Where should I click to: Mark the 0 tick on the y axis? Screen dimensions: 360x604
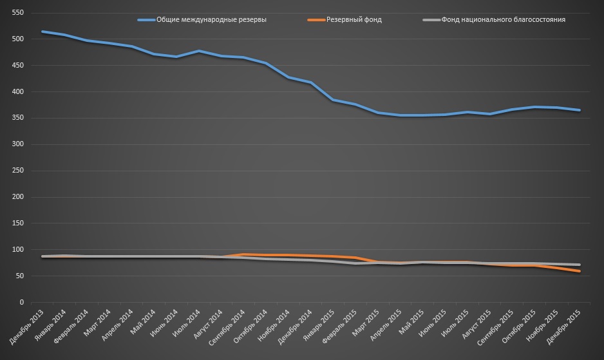[x=21, y=302]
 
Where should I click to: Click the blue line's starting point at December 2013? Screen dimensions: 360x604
[x=42, y=32]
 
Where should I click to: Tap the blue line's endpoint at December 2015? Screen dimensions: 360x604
[x=580, y=110]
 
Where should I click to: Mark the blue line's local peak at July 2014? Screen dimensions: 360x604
[x=199, y=51]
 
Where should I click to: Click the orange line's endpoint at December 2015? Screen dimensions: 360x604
[x=580, y=271]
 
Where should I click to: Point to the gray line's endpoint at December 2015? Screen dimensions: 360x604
[x=580, y=265]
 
